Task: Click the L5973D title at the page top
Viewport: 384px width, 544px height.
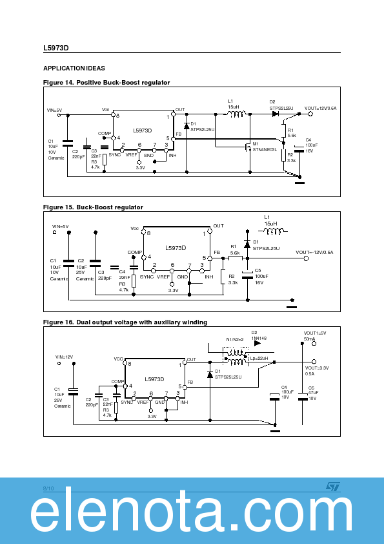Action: pos(56,48)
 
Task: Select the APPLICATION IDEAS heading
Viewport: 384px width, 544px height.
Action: pos(74,68)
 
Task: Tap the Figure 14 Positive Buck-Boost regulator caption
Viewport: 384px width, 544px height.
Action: pos(106,83)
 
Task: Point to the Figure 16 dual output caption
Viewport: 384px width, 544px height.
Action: pos(125,322)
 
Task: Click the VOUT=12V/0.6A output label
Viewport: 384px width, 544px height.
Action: pos(321,108)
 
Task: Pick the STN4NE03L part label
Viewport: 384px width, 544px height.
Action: pos(265,149)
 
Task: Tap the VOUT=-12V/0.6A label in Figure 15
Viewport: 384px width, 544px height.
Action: pos(314,252)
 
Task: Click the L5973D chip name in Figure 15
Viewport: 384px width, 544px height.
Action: pos(175,247)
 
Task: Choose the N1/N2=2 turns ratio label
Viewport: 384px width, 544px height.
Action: pos(234,339)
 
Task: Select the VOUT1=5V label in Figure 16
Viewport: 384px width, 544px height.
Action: pos(315,333)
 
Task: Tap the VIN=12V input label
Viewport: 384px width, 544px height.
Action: pos(64,357)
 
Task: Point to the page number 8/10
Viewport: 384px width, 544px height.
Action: pos(48,487)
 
